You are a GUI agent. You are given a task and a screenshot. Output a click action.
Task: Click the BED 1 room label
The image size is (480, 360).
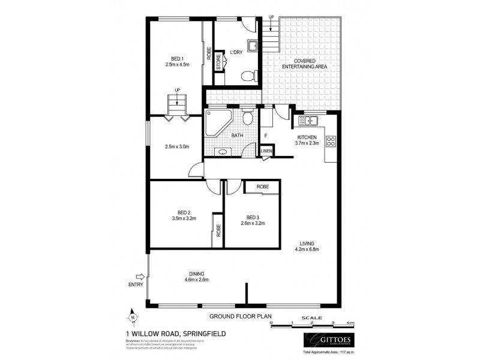pos(176,59)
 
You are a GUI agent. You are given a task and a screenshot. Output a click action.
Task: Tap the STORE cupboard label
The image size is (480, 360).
pos(220,63)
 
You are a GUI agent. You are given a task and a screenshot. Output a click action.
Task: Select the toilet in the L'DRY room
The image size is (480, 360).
pos(249,76)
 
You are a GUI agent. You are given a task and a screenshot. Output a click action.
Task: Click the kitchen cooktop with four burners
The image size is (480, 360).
pos(330,142)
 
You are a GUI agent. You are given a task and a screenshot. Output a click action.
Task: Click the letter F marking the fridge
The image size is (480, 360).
pos(265,136)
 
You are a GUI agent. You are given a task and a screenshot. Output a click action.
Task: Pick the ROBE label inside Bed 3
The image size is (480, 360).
pos(262,187)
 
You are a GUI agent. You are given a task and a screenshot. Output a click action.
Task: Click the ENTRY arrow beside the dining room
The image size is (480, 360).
pos(140,277)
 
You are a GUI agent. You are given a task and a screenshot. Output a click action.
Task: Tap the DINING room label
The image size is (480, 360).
pos(196,274)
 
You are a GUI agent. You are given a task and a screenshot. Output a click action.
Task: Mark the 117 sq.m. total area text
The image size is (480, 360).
pos(344,353)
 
